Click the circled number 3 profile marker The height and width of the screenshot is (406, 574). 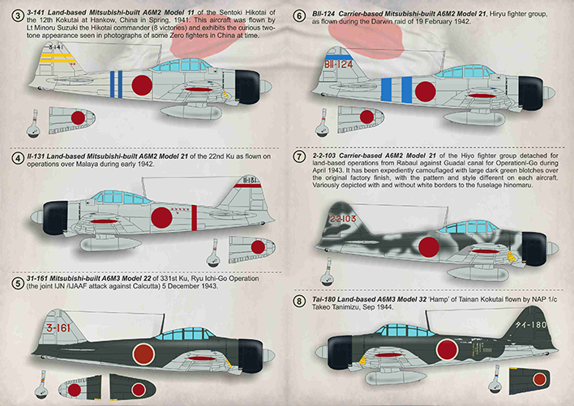click(x=17, y=15)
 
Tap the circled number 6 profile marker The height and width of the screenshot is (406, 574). click(x=299, y=16)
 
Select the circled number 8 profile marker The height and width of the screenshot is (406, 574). click(x=299, y=301)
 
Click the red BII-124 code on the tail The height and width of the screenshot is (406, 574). click(x=338, y=65)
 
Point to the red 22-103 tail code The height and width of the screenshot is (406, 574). click(x=343, y=219)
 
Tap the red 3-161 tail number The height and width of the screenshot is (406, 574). click(x=58, y=327)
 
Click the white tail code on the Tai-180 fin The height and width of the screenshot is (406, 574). click(x=531, y=324)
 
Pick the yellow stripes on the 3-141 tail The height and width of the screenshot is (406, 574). click(x=58, y=58)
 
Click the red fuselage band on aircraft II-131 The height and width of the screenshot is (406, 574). click(x=194, y=218)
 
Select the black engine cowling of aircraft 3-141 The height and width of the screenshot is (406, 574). click(x=247, y=87)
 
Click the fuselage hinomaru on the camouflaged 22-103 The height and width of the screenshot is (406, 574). click(x=429, y=246)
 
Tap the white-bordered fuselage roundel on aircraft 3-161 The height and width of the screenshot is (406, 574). click(x=143, y=354)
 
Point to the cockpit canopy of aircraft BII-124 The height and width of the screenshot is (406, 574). click(x=462, y=71)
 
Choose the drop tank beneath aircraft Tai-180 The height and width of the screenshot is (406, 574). click(x=396, y=378)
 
